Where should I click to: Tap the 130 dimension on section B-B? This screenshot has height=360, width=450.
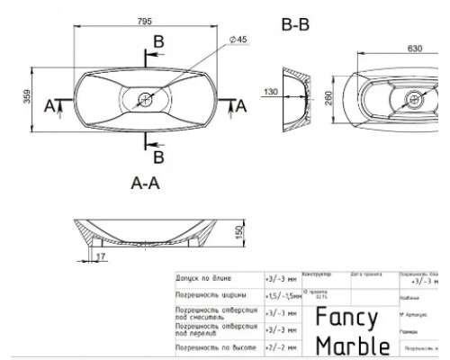[x=270, y=91]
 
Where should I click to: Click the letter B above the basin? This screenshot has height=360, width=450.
[x=158, y=42]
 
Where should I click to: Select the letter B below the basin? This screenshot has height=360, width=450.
[x=158, y=157]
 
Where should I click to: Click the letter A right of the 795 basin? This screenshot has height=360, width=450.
[x=240, y=104]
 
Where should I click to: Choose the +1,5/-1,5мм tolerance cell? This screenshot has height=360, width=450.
[x=283, y=295]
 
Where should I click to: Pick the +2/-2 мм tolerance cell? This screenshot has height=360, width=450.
[x=280, y=346]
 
